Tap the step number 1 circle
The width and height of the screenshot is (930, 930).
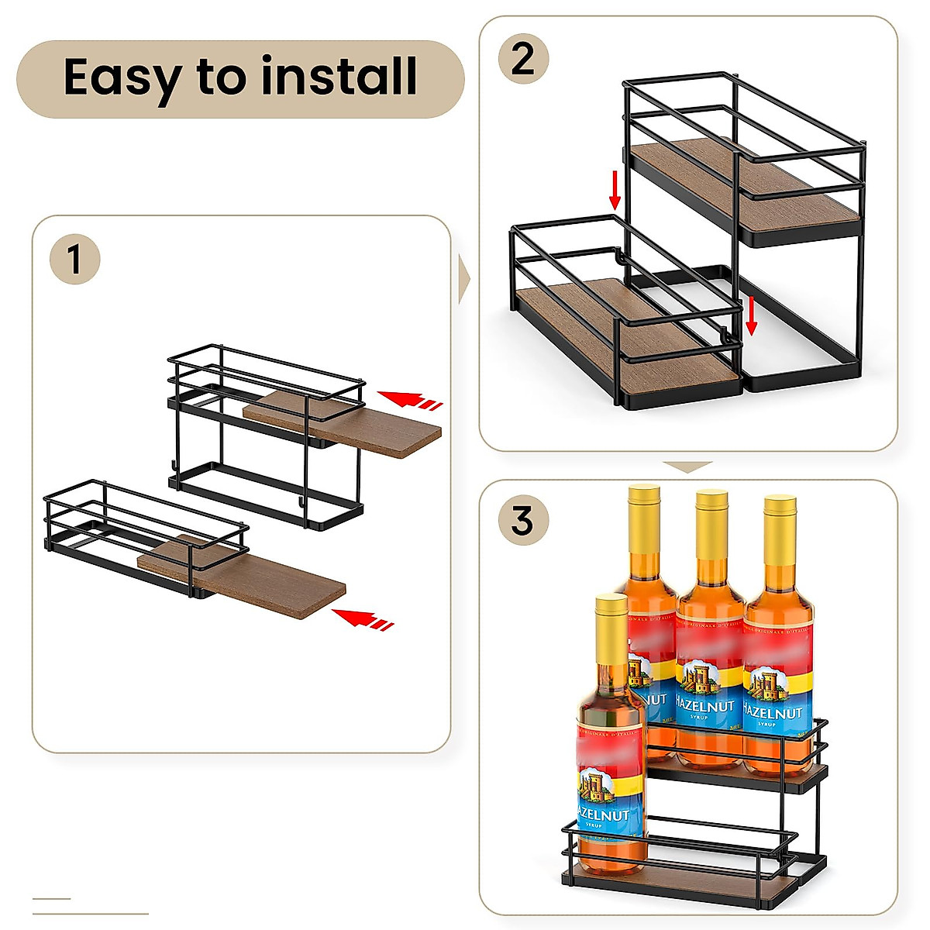(x=74, y=259)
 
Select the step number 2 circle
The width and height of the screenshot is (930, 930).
(x=523, y=58)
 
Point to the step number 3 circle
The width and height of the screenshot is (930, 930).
(x=523, y=520)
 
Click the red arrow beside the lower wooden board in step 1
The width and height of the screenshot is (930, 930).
(x=362, y=618)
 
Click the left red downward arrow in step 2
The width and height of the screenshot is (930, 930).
(x=615, y=191)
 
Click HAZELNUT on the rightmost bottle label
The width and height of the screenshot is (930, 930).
(x=773, y=711)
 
